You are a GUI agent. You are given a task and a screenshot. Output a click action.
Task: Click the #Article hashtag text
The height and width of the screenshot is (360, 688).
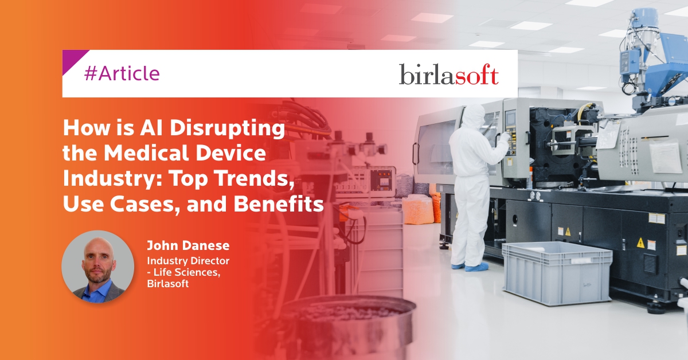[x=122, y=73]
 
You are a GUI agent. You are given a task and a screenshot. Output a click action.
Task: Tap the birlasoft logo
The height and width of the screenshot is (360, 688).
[x=449, y=75]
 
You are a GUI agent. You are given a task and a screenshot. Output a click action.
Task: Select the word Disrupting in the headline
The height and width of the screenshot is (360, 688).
[x=227, y=128]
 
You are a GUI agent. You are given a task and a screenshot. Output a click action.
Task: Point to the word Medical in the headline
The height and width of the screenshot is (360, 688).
[x=146, y=153]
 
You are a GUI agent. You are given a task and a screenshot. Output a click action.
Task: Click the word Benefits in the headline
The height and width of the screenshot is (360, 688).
[x=279, y=204]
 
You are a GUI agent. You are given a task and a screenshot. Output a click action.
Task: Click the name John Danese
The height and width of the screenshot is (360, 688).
[x=188, y=245]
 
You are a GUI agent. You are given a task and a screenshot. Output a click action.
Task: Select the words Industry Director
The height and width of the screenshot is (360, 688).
[x=188, y=261]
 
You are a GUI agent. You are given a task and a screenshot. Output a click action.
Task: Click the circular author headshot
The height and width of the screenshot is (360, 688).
[x=98, y=267]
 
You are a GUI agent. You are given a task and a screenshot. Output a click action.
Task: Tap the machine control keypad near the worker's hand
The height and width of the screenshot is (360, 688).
[x=510, y=139]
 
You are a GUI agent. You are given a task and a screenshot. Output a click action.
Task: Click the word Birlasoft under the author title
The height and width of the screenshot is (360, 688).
[x=167, y=284]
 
